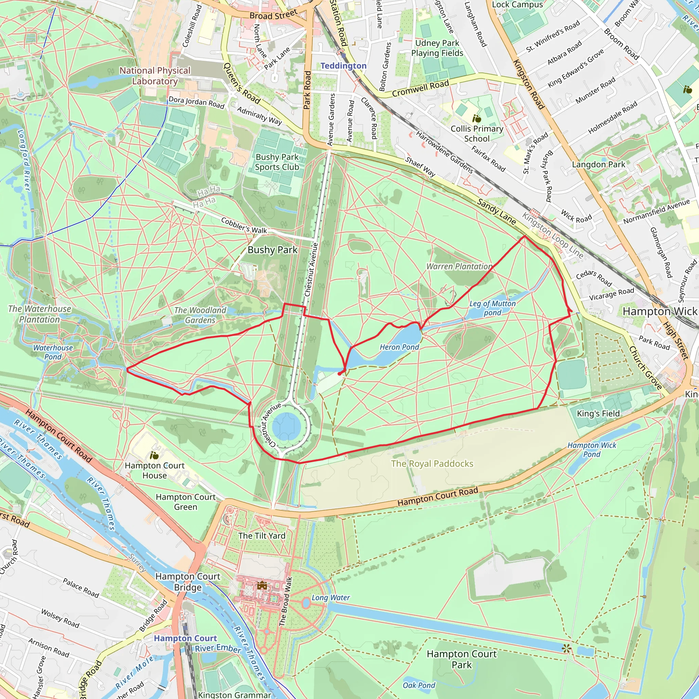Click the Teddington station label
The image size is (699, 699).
point(343,66)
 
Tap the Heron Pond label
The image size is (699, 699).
point(399,347)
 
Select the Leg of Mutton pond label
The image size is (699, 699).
point(493,308)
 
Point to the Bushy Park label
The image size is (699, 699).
point(272,250)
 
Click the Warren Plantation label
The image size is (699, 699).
point(459,266)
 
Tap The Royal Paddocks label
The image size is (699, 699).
point(432,463)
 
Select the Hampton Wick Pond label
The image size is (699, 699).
point(591,450)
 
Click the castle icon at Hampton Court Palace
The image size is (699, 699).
point(262,585)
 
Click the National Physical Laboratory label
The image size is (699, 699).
point(155,76)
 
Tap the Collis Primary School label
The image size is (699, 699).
point(477,133)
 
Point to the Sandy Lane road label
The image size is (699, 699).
point(496,212)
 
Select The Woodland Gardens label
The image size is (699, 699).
point(200,315)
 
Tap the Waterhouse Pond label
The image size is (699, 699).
point(53,352)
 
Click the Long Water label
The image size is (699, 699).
point(330,598)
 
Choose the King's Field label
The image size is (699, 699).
point(598,414)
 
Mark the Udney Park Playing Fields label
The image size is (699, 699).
point(437,48)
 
